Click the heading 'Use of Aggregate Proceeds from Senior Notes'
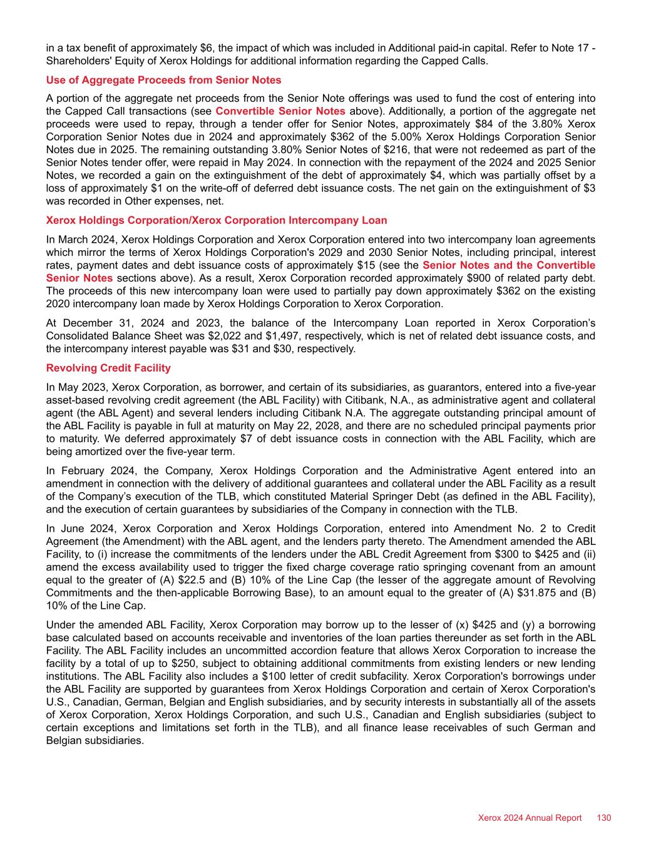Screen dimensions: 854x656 tap(163, 80)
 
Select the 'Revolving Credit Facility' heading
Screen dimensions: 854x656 tap(108, 368)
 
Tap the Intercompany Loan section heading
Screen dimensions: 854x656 tap(217, 220)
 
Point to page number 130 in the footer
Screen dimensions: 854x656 tap(604, 818)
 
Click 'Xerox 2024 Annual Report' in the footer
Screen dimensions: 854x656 tap(530, 818)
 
